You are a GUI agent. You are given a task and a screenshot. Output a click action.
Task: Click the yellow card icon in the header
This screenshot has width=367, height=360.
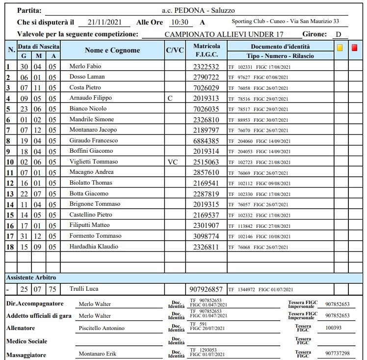[340, 48]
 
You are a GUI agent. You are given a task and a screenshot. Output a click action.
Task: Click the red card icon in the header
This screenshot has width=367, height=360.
[355, 48]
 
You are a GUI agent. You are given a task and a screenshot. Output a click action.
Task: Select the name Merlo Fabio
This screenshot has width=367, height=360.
[84, 66]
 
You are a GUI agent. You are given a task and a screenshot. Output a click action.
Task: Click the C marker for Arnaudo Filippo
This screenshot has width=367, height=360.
[170, 98]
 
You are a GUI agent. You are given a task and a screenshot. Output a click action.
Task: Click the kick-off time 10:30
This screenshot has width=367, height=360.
[179, 22]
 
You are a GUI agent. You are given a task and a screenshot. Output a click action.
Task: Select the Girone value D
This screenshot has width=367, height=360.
[338, 34]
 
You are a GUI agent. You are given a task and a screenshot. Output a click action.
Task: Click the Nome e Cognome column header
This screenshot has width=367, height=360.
[112, 50]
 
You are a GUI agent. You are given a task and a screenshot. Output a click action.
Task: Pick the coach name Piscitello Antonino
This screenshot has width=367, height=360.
[102, 328]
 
